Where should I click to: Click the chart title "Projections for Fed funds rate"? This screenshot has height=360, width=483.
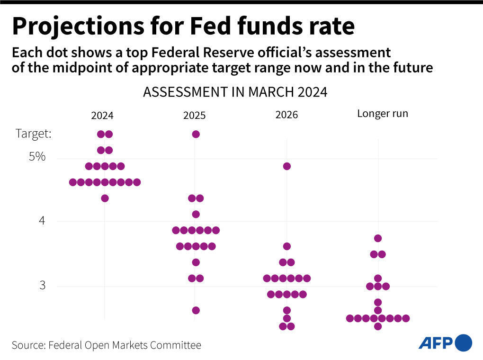(183, 27)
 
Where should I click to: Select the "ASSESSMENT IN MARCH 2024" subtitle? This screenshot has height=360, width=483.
(235, 92)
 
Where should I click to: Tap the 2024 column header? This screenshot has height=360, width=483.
(102, 116)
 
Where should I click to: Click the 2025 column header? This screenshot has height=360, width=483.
(195, 116)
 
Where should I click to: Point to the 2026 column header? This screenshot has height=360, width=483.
(286, 115)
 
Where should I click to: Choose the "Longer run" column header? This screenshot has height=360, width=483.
(382, 114)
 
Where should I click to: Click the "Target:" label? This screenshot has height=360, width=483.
(34, 134)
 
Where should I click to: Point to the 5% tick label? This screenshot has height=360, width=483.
(37, 156)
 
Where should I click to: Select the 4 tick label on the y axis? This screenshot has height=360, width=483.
(42, 221)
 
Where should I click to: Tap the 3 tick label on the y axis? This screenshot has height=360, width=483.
(42, 286)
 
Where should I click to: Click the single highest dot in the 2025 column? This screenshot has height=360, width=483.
(196, 134)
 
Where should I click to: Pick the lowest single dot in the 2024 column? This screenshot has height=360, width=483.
(105, 198)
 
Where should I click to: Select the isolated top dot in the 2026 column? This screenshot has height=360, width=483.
(286, 166)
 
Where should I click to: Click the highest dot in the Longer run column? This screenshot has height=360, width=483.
(378, 238)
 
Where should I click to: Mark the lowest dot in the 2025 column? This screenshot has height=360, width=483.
(196, 310)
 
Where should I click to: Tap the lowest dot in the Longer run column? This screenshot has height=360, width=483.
(378, 326)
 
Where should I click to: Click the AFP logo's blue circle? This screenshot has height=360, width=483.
(463, 343)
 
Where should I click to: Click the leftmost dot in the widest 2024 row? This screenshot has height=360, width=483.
(73, 182)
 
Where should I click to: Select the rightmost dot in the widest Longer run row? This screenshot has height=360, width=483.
(406, 318)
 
